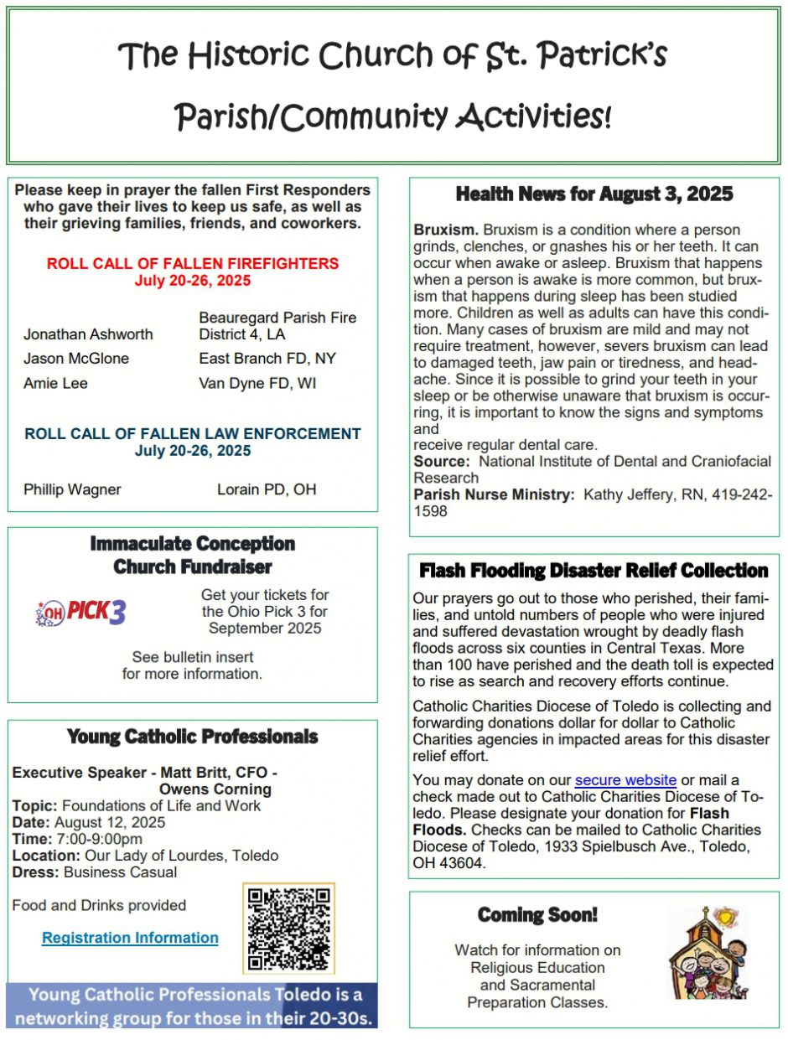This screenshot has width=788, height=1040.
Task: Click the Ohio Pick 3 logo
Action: [x=80, y=613]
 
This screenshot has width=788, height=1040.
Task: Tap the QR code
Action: [x=288, y=928]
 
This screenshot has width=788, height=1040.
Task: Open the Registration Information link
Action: [x=130, y=938]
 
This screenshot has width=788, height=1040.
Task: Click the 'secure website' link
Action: [x=625, y=780]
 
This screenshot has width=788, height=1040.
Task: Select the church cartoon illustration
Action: [x=707, y=953]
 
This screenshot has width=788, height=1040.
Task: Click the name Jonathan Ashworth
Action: [x=88, y=334]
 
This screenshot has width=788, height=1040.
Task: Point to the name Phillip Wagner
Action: [x=72, y=489]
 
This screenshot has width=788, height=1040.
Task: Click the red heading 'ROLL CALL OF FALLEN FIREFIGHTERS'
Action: [x=193, y=263]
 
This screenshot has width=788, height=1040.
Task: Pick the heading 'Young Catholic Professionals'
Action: [x=192, y=737]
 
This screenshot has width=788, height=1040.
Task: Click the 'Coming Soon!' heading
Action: [x=537, y=914]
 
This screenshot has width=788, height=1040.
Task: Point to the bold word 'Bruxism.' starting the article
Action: [x=446, y=230]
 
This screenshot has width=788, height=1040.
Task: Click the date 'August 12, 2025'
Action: [x=111, y=822]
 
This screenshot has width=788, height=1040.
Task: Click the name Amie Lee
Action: [x=55, y=383]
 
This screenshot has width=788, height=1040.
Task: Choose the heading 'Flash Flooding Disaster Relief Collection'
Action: [x=594, y=571]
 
